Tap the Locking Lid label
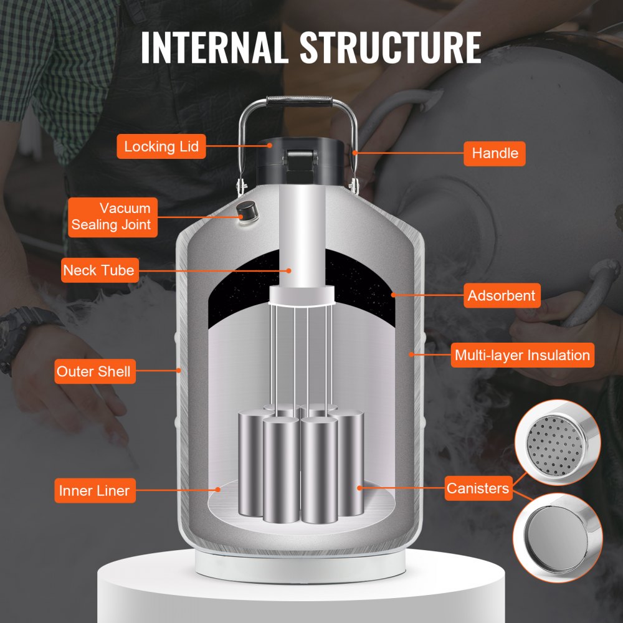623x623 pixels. coord(161,147)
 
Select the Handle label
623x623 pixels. coord(495,153)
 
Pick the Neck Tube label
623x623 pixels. coord(98,270)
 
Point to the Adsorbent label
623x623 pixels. coord(501,295)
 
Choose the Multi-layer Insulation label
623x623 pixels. coord(521,356)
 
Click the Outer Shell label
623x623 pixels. coord(93,372)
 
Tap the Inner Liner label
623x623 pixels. coord(94,490)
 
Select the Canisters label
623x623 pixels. coord(477,488)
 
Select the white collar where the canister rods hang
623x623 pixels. coord(302,295)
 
